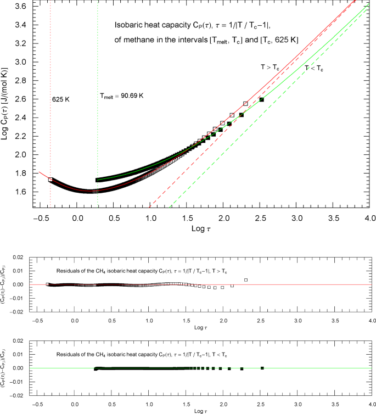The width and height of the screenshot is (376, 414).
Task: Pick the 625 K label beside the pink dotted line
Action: point(61,100)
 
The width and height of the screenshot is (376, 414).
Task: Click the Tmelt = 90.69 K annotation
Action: point(122,96)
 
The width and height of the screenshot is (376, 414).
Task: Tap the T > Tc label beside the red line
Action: point(270,66)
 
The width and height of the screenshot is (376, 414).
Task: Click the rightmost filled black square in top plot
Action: point(261,99)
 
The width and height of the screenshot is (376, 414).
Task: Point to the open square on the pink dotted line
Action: point(50,180)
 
